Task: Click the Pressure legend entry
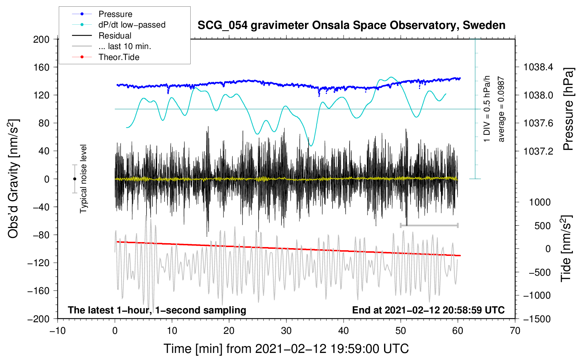coord(115,14)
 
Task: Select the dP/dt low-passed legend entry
coord(132,25)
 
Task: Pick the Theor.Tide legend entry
coord(119,57)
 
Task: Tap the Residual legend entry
coord(115,36)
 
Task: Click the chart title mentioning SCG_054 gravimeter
coord(351,25)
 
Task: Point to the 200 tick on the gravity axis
coord(41,39)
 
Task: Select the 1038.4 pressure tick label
coord(538,67)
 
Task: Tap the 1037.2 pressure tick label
coord(538,151)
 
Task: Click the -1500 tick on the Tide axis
coord(537,319)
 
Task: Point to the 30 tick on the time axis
coord(286,331)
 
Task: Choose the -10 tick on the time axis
coord(58,331)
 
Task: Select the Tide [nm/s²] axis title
coord(566,248)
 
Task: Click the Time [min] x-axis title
coord(286,349)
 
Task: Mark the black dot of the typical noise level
coord(74,179)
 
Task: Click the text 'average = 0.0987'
coord(501,109)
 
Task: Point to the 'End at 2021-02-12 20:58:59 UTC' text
coord(428,310)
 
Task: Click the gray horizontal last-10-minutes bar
coord(429,225)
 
